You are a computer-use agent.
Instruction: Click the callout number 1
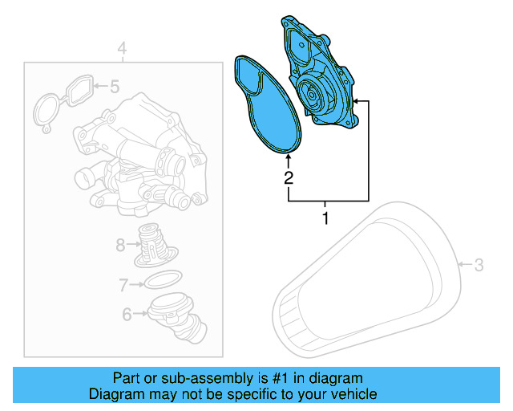click(325, 218)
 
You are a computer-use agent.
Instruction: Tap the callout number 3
click(479, 264)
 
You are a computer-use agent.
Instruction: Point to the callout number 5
click(114, 85)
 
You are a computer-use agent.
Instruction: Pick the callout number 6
click(127, 315)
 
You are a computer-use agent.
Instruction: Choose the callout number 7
click(123, 284)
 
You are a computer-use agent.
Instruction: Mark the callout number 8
click(120, 245)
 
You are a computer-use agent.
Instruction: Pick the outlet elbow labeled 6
click(176, 317)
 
